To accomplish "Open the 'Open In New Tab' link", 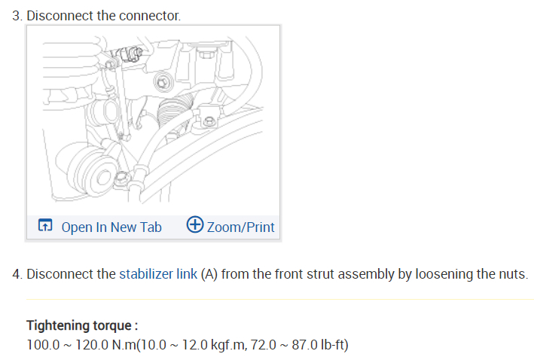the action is click(111, 227).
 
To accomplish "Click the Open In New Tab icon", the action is click(45, 226).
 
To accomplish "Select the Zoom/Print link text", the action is click(240, 227).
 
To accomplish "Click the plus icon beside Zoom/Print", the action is click(195, 225).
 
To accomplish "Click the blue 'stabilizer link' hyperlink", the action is click(158, 273).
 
